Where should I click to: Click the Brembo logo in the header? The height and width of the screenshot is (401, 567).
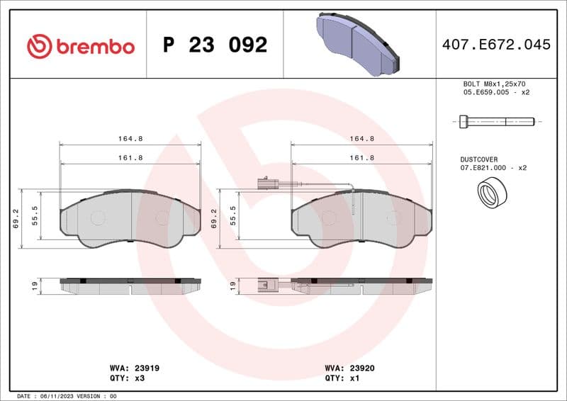(x=80, y=46)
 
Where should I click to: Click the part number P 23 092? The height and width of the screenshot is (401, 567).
(x=215, y=45)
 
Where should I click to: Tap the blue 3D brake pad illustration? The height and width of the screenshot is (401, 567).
(x=359, y=43)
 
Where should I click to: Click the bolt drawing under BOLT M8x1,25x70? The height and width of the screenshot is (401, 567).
(x=496, y=122)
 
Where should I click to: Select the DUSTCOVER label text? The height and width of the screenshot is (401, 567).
(x=479, y=159)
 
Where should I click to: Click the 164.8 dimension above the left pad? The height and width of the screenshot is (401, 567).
(x=130, y=139)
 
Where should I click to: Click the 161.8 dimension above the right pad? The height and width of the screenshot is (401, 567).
(x=362, y=158)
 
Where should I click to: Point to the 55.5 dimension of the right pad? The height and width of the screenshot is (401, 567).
(x=233, y=215)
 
